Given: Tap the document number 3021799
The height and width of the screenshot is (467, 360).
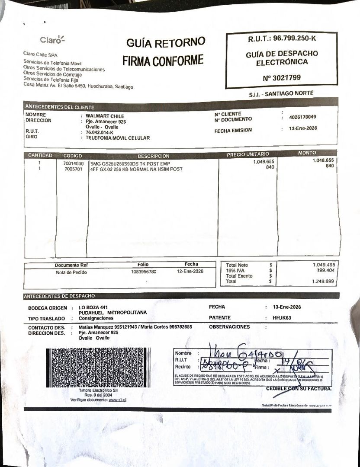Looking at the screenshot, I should pos(282,78).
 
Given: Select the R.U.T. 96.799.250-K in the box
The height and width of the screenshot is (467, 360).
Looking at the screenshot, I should pos(282,38).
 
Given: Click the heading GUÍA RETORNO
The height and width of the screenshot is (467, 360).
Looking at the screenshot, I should pos(166,43).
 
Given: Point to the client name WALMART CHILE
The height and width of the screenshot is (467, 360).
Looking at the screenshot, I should pos(105,116).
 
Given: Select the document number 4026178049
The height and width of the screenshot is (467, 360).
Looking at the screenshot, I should pos(302,117).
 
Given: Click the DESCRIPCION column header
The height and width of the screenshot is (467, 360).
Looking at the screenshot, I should pos(154,156).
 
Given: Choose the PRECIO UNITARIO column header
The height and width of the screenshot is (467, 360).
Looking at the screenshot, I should pos(248,154).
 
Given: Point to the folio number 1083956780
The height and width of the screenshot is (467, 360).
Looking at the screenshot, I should pos(144,272).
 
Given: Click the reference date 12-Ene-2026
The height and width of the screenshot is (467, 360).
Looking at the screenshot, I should pos(190,271).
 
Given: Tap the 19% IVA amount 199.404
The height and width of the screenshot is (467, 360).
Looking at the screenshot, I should pos(325,270).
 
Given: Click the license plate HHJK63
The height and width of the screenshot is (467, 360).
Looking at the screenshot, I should pos(282,318).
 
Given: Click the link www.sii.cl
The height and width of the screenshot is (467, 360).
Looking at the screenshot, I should pos(118,400).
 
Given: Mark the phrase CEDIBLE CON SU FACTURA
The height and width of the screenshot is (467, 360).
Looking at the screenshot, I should pos(299,389).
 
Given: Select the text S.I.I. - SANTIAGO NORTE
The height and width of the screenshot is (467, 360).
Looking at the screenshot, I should pos(281,93).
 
